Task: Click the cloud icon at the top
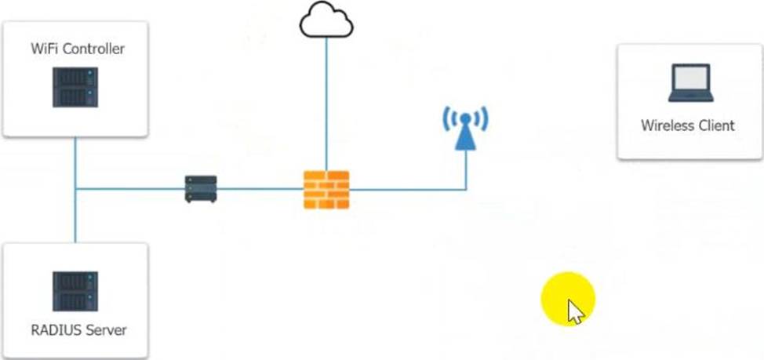pyautogui.click(x=326, y=20)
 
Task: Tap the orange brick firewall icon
pyautogui.click(x=326, y=189)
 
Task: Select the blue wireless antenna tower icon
pyautogui.click(x=465, y=129)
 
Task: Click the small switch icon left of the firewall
pyautogui.click(x=201, y=189)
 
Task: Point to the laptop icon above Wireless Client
pyautogui.click(x=690, y=83)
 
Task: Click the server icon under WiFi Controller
pyautogui.click(x=75, y=87)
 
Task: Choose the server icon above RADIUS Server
pyautogui.click(x=75, y=291)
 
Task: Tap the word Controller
pyautogui.click(x=94, y=49)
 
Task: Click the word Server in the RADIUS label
pyautogui.click(x=107, y=329)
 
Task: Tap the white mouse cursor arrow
pyautogui.click(x=576, y=311)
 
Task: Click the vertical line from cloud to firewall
pyautogui.click(x=326, y=102)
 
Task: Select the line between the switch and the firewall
pyautogui.click(x=260, y=189)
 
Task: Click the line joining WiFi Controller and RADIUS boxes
pyautogui.click(x=75, y=212)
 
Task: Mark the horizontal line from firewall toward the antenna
pyautogui.click(x=408, y=189)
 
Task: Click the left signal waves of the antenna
pyautogui.click(x=448, y=120)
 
